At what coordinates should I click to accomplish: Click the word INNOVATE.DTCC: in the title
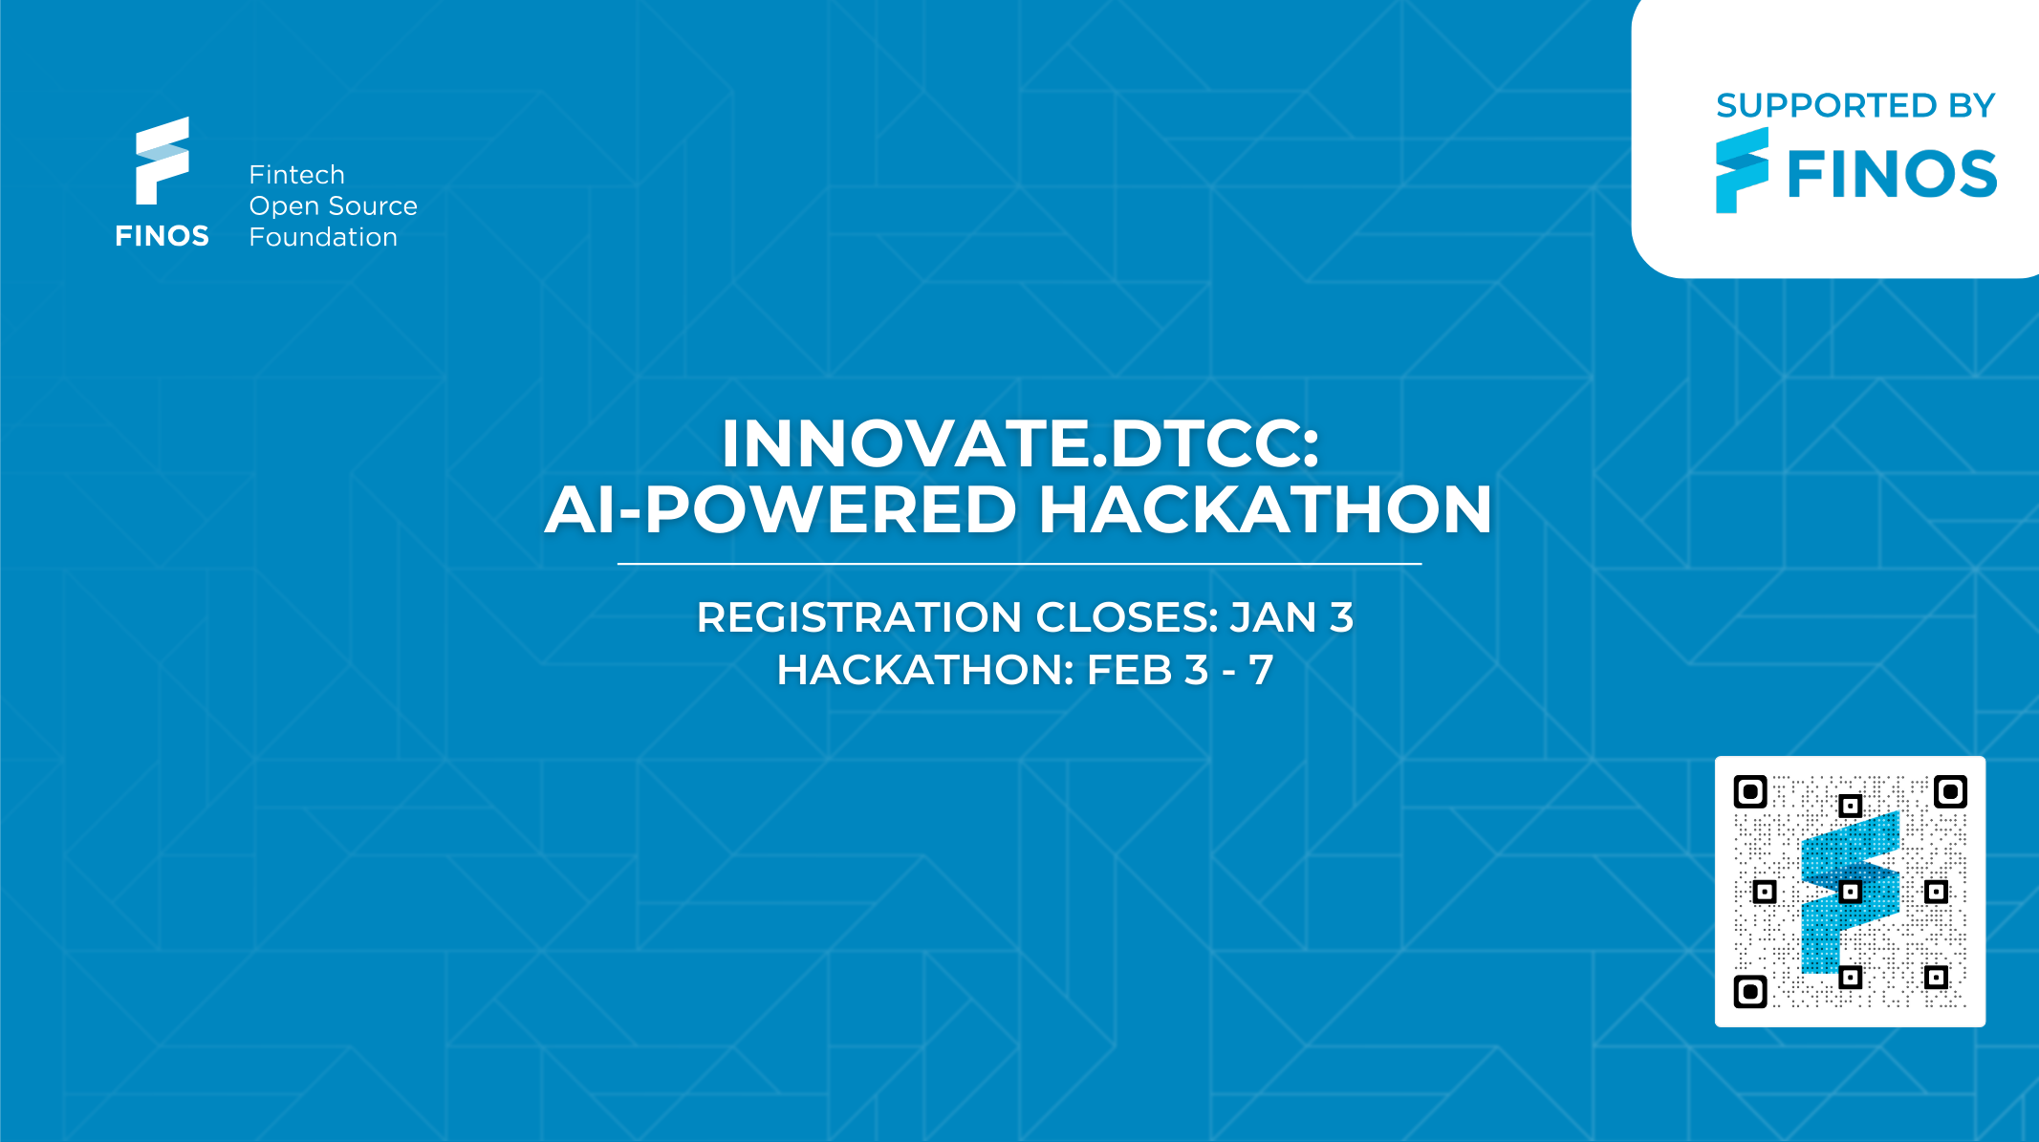coord(1020,444)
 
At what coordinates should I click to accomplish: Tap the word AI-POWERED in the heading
coord(780,509)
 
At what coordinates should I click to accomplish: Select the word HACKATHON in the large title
coord(1265,509)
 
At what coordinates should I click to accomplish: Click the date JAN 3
coord(1291,617)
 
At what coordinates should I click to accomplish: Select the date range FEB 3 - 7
coord(1181,670)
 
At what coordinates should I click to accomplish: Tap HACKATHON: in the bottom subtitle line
coord(925,670)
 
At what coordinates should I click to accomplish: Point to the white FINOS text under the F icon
coord(162,236)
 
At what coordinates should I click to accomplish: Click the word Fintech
coord(296,175)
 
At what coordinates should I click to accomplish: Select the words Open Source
coord(333,206)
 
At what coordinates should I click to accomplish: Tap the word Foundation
coord(323,237)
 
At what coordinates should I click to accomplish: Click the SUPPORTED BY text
coord(1855,105)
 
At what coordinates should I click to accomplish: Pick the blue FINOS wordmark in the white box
coord(1892,175)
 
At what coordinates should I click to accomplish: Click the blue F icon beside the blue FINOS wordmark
coord(1742,170)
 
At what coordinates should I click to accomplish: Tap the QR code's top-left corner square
coord(1750,792)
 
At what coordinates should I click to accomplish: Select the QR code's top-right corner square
coord(1950,792)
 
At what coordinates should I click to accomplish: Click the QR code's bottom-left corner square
coord(1750,991)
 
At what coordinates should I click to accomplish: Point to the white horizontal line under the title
coord(1019,564)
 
